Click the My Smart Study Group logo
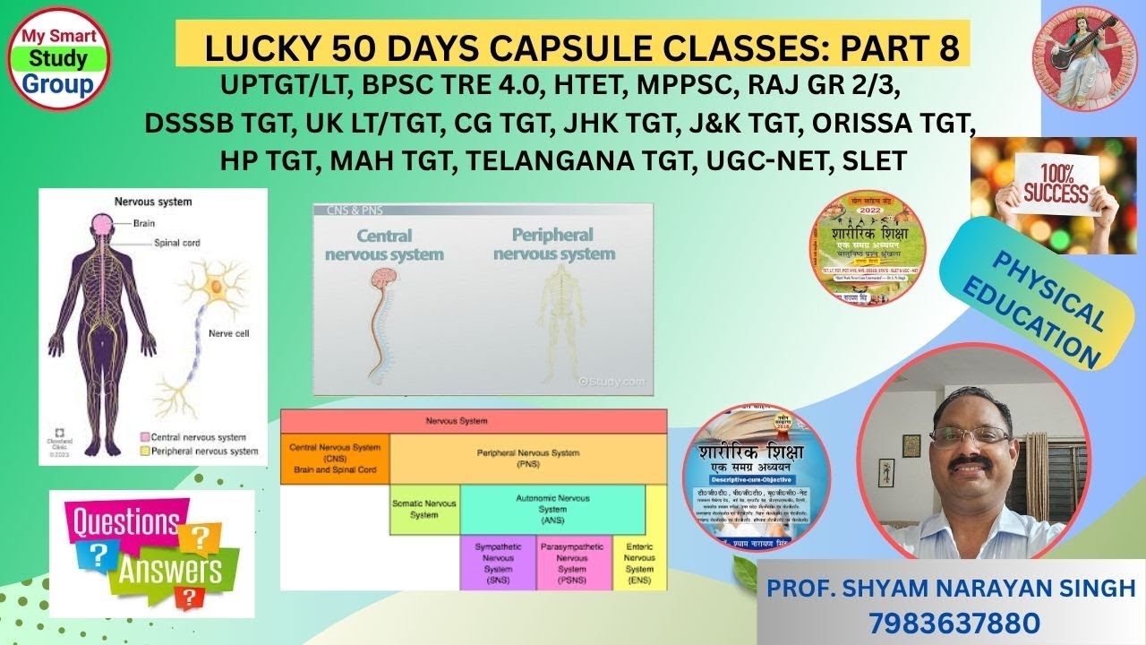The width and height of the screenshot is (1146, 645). click(x=57, y=59)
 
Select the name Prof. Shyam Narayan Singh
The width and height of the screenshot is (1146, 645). click(x=951, y=589)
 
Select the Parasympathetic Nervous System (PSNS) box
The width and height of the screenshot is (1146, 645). click(x=573, y=562)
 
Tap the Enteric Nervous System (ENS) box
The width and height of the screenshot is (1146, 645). click(x=639, y=562)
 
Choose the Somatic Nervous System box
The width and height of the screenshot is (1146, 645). click(x=424, y=509)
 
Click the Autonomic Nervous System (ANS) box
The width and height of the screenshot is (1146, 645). click(x=552, y=509)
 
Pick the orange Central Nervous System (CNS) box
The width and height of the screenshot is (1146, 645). click(x=335, y=459)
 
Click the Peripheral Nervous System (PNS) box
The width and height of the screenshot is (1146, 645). click(x=528, y=459)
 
